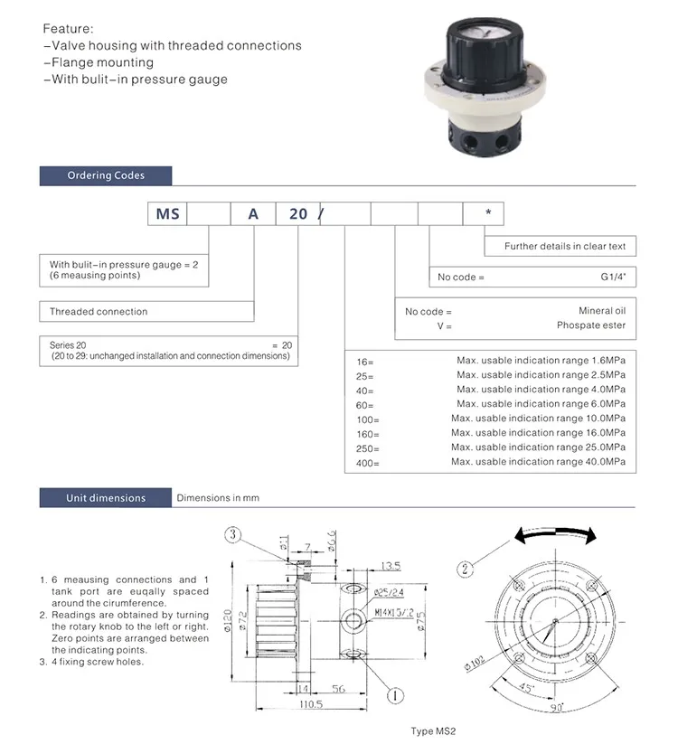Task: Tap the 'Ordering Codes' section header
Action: click(105, 175)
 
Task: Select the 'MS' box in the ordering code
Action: click(168, 214)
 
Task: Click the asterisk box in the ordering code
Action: click(487, 213)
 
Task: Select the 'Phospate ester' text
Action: click(590, 325)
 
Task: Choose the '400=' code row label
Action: click(369, 463)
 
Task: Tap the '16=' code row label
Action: click(365, 361)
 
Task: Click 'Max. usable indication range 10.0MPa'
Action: click(538, 419)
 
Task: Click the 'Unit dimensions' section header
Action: click(105, 498)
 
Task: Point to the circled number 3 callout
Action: click(233, 535)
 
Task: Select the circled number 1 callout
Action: click(394, 695)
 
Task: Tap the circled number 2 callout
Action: click(466, 569)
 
